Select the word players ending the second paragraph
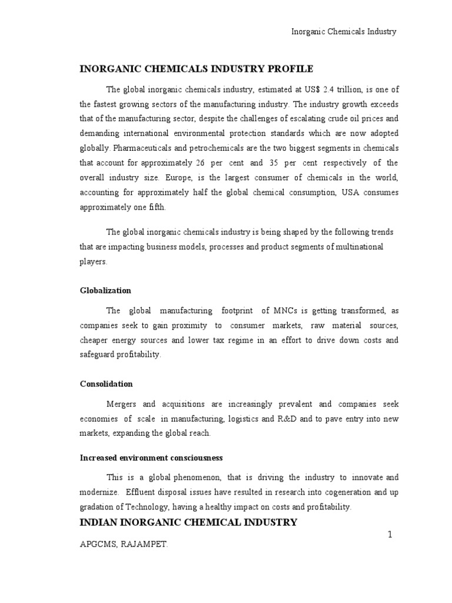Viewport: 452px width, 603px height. [94, 261]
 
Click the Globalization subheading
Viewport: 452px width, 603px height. [105, 291]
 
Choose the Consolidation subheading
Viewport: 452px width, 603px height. [107, 384]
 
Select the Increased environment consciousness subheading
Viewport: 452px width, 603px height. [151, 458]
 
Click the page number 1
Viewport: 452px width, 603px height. [390, 534]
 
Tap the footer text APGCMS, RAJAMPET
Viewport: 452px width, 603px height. [124, 545]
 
